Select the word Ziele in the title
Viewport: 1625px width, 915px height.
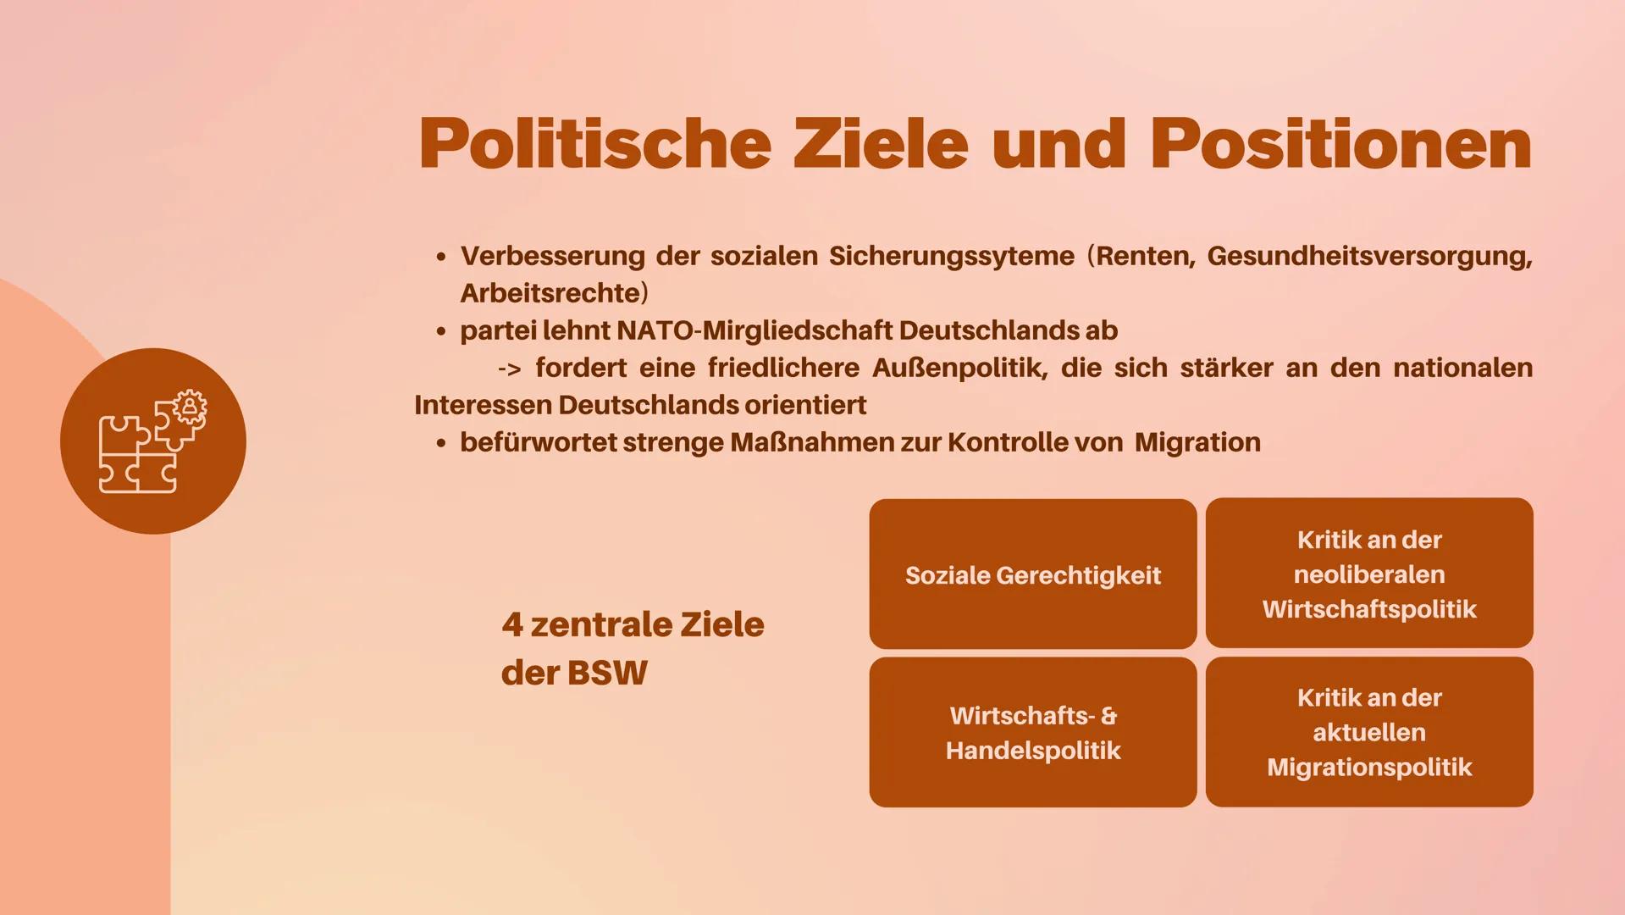coord(880,144)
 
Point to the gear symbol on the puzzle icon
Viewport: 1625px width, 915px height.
coord(190,408)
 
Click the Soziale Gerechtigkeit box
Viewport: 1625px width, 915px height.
coord(1032,574)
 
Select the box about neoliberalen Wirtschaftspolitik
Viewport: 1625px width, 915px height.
coord(1368,574)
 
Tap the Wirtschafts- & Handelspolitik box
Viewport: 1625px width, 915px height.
coord(1032,732)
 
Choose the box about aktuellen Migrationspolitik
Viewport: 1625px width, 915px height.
coord(1368,732)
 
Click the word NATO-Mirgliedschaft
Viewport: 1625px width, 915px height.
coord(754,330)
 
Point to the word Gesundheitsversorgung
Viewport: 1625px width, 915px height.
coord(1369,256)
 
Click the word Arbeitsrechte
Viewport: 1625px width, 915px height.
coord(550,293)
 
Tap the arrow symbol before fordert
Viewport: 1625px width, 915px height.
coord(509,369)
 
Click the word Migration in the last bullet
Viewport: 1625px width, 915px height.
coord(1197,442)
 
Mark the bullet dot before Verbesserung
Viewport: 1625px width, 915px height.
coord(440,257)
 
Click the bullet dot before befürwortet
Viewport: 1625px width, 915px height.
coord(440,443)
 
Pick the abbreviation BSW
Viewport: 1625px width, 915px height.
coord(607,673)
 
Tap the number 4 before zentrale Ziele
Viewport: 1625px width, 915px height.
coord(512,625)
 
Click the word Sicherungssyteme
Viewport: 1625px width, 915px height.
coord(952,256)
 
